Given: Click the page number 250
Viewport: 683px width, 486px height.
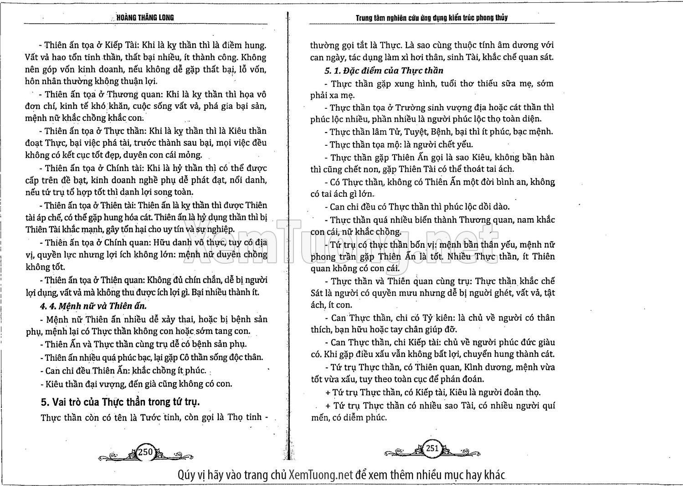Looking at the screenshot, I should point(145,452).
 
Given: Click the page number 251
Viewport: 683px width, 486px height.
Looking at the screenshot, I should point(432,448).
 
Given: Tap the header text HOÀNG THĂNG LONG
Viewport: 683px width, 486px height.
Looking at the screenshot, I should point(145,18).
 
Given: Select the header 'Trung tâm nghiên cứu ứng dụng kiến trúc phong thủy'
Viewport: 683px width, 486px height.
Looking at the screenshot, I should point(431,18).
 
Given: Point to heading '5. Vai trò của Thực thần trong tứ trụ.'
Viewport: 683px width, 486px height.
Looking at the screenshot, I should point(120,402).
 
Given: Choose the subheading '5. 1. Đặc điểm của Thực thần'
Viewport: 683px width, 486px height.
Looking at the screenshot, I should point(384,71).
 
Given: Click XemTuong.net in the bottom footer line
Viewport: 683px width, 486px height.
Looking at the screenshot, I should point(321,475).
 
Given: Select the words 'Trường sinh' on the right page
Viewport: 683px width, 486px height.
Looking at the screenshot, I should point(416,107).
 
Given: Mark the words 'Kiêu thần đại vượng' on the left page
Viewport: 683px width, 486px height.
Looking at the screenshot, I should point(85,384).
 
